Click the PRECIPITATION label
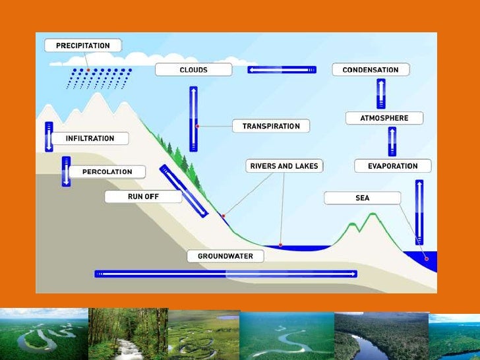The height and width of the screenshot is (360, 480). (82, 45)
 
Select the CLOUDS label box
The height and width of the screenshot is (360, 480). (193, 69)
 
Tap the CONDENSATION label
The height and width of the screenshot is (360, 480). (370, 69)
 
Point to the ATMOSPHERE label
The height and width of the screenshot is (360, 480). (384, 118)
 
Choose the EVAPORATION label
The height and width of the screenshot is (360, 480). (392, 166)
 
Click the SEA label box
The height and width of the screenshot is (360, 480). (362, 198)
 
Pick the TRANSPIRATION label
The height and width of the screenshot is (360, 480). (270, 126)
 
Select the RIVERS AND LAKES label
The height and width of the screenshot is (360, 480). (284, 166)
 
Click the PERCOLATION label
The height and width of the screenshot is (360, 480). (107, 171)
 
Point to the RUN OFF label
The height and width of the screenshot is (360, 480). (143, 196)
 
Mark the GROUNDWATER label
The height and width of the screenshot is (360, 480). (225, 256)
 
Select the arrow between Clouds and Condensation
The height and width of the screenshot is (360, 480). (282, 69)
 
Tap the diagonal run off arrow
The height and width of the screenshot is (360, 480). (183, 191)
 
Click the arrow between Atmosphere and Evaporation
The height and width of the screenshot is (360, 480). (392, 141)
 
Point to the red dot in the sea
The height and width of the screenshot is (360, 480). (426, 258)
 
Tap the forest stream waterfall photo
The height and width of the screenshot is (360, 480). (127, 333)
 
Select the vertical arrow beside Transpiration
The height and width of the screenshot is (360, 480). (193, 119)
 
